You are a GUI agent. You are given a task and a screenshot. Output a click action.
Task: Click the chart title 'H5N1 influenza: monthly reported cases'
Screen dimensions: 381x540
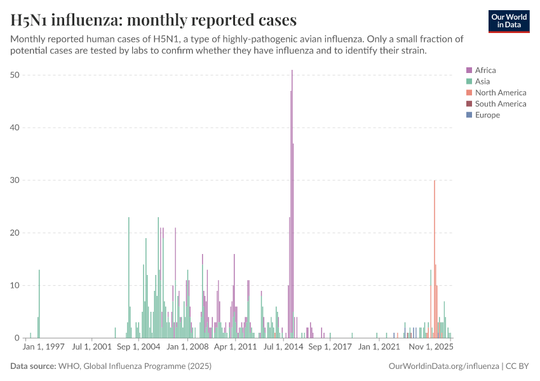(x=153, y=20)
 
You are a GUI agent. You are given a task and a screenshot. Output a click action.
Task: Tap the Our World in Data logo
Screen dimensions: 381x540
(x=508, y=21)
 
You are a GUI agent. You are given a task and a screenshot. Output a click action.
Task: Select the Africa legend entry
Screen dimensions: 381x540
(x=485, y=70)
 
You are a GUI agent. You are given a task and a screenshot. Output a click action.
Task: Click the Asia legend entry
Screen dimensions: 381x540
(x=482, y=81)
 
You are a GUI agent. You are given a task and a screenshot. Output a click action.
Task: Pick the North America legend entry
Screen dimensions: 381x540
(x=500, y=93)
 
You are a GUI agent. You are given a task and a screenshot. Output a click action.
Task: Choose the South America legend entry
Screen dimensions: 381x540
(x=500, y=104)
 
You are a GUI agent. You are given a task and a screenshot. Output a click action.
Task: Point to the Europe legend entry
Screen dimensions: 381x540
(x=487, y=115)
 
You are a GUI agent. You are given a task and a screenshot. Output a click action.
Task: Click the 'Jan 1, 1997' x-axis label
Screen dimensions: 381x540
(x=44, y=347)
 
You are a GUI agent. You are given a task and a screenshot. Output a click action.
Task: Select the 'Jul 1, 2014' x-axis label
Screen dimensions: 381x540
(x=283, y=347)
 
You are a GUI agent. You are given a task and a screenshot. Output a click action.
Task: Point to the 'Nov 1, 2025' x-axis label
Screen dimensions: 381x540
(x=430, y=347)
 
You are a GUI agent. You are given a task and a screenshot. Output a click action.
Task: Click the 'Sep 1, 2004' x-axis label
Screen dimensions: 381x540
(x=138, y=347)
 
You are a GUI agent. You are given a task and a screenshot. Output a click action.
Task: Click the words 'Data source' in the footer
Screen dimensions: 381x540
(x=32, y=366)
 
